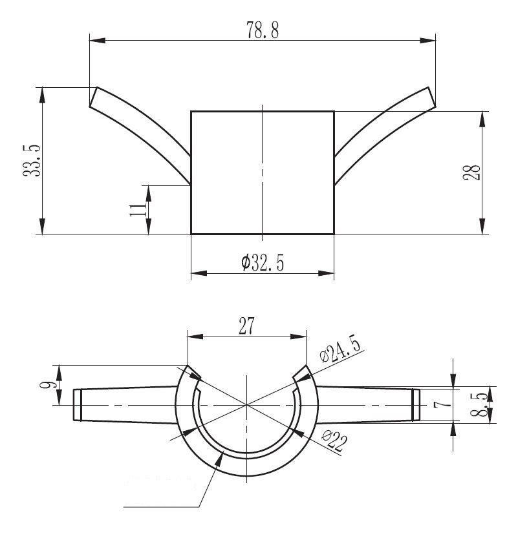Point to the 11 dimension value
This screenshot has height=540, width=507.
(138, 209)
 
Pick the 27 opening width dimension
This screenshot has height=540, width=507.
(246, 326)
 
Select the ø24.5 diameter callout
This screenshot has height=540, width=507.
(341, 348)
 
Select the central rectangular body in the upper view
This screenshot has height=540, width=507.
(262, 172)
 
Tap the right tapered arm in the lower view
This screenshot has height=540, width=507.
(365, 404)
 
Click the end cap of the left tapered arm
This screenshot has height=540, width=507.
(77, 405)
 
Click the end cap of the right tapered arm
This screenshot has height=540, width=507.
(416, 404)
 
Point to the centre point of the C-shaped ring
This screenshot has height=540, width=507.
(247, 405)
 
